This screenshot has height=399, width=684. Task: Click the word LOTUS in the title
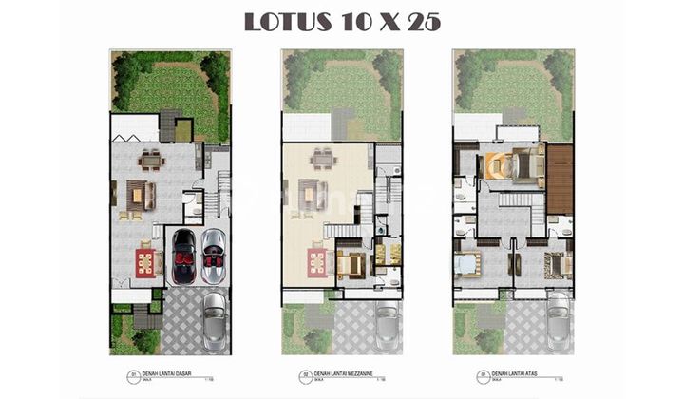[282, 23]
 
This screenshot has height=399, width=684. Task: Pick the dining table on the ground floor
[150, 159]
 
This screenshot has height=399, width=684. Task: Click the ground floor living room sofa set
[140, 196]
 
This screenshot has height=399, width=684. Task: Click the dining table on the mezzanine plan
[322, 159]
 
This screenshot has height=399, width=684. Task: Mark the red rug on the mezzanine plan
[316, 261]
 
